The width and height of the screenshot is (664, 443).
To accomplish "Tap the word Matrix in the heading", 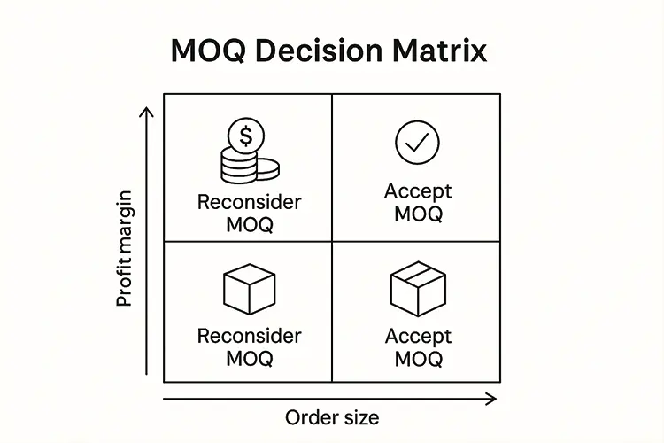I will [443, 50].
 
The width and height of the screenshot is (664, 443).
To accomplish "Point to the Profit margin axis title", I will [125, 248].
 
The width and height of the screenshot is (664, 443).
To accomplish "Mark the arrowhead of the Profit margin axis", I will [148, 112].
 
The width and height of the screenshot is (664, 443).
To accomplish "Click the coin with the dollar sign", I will [245, 136].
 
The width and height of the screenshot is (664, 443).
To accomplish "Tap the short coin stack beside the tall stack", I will [267, 169].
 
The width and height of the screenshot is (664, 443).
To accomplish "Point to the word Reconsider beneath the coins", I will [249, 202].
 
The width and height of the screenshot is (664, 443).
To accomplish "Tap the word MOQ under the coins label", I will [249, 224].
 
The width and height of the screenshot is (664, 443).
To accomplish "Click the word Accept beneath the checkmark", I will [418, 191].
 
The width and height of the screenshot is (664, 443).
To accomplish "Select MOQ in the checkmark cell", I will [418, 214].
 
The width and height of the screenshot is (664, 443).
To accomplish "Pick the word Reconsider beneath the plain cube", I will [249, 337].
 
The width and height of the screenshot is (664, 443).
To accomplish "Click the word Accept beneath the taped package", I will [418, 337].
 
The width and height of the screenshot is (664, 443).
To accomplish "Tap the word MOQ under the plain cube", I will [249, 359].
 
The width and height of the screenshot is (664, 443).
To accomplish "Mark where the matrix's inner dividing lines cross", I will [332, 240].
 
